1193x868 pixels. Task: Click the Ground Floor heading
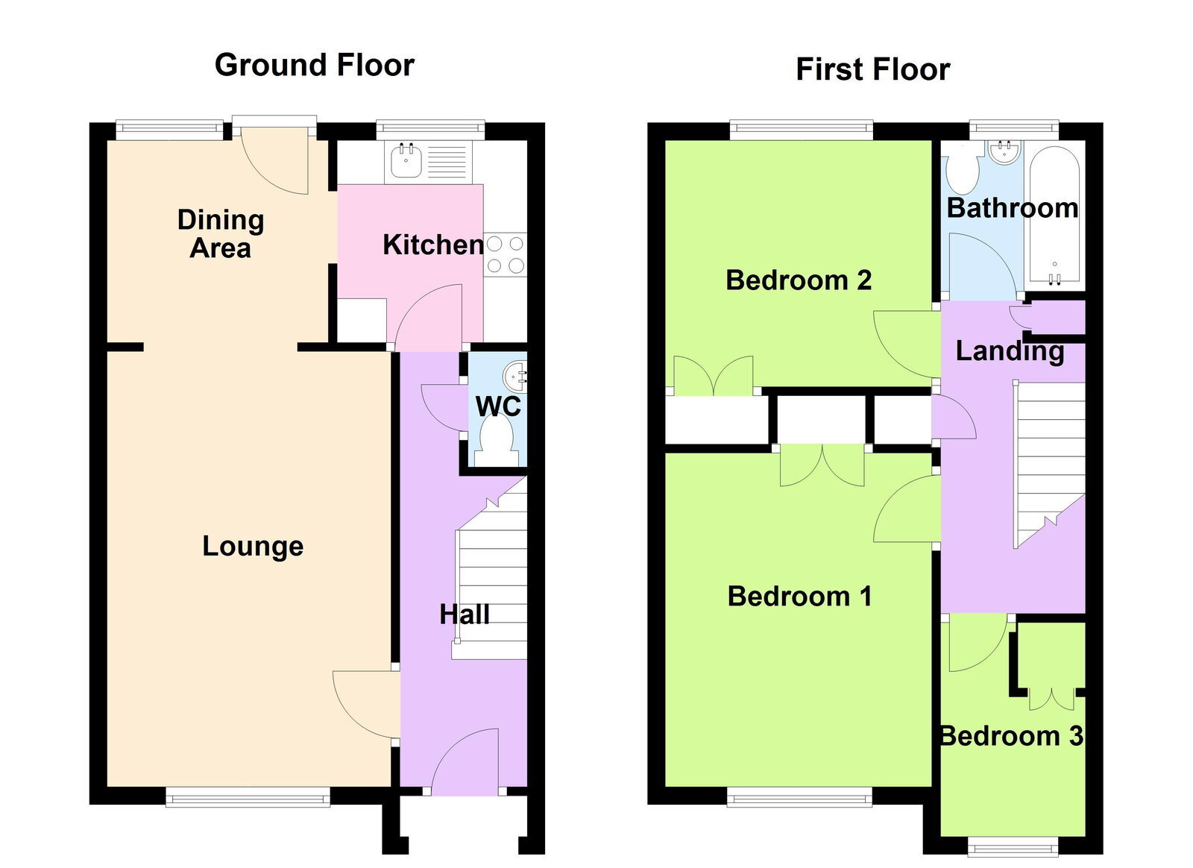point(314,65)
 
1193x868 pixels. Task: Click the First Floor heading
point(873,70)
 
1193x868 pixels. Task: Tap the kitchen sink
point(406,160)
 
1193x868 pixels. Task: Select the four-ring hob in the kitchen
point(505,254)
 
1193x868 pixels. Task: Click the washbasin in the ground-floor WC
point(514,375)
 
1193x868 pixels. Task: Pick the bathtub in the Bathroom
point(1054,215)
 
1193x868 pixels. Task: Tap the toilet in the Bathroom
point(962,171)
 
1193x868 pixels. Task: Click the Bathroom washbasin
point(1004,152)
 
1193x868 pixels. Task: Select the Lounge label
point(253,547)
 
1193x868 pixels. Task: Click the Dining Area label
point(221,233)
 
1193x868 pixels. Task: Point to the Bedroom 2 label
point(799,280)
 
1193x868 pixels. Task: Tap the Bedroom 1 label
point(799,596)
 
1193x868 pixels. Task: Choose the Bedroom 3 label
point(1011,736)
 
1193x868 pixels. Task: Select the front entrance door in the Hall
point(465,762)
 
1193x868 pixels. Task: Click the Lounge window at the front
point(248,796)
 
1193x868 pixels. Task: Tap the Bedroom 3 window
point(1013,847)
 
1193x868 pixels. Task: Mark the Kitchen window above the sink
point(430,128)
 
